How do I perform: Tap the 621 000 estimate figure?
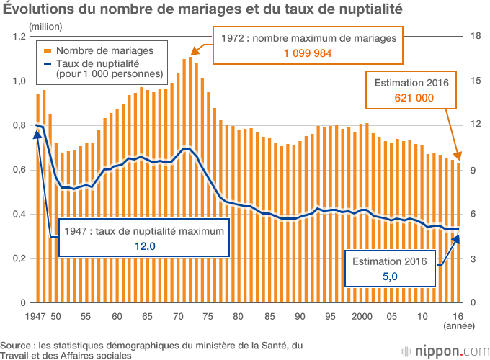(x=414, y=98)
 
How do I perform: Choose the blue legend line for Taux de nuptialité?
(x=48, y=63)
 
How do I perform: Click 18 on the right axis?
(x=475, y=37)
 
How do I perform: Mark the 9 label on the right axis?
(x=473, y=170)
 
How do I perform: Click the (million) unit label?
(x=46, y=26)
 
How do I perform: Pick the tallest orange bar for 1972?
(x=191, y=180)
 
